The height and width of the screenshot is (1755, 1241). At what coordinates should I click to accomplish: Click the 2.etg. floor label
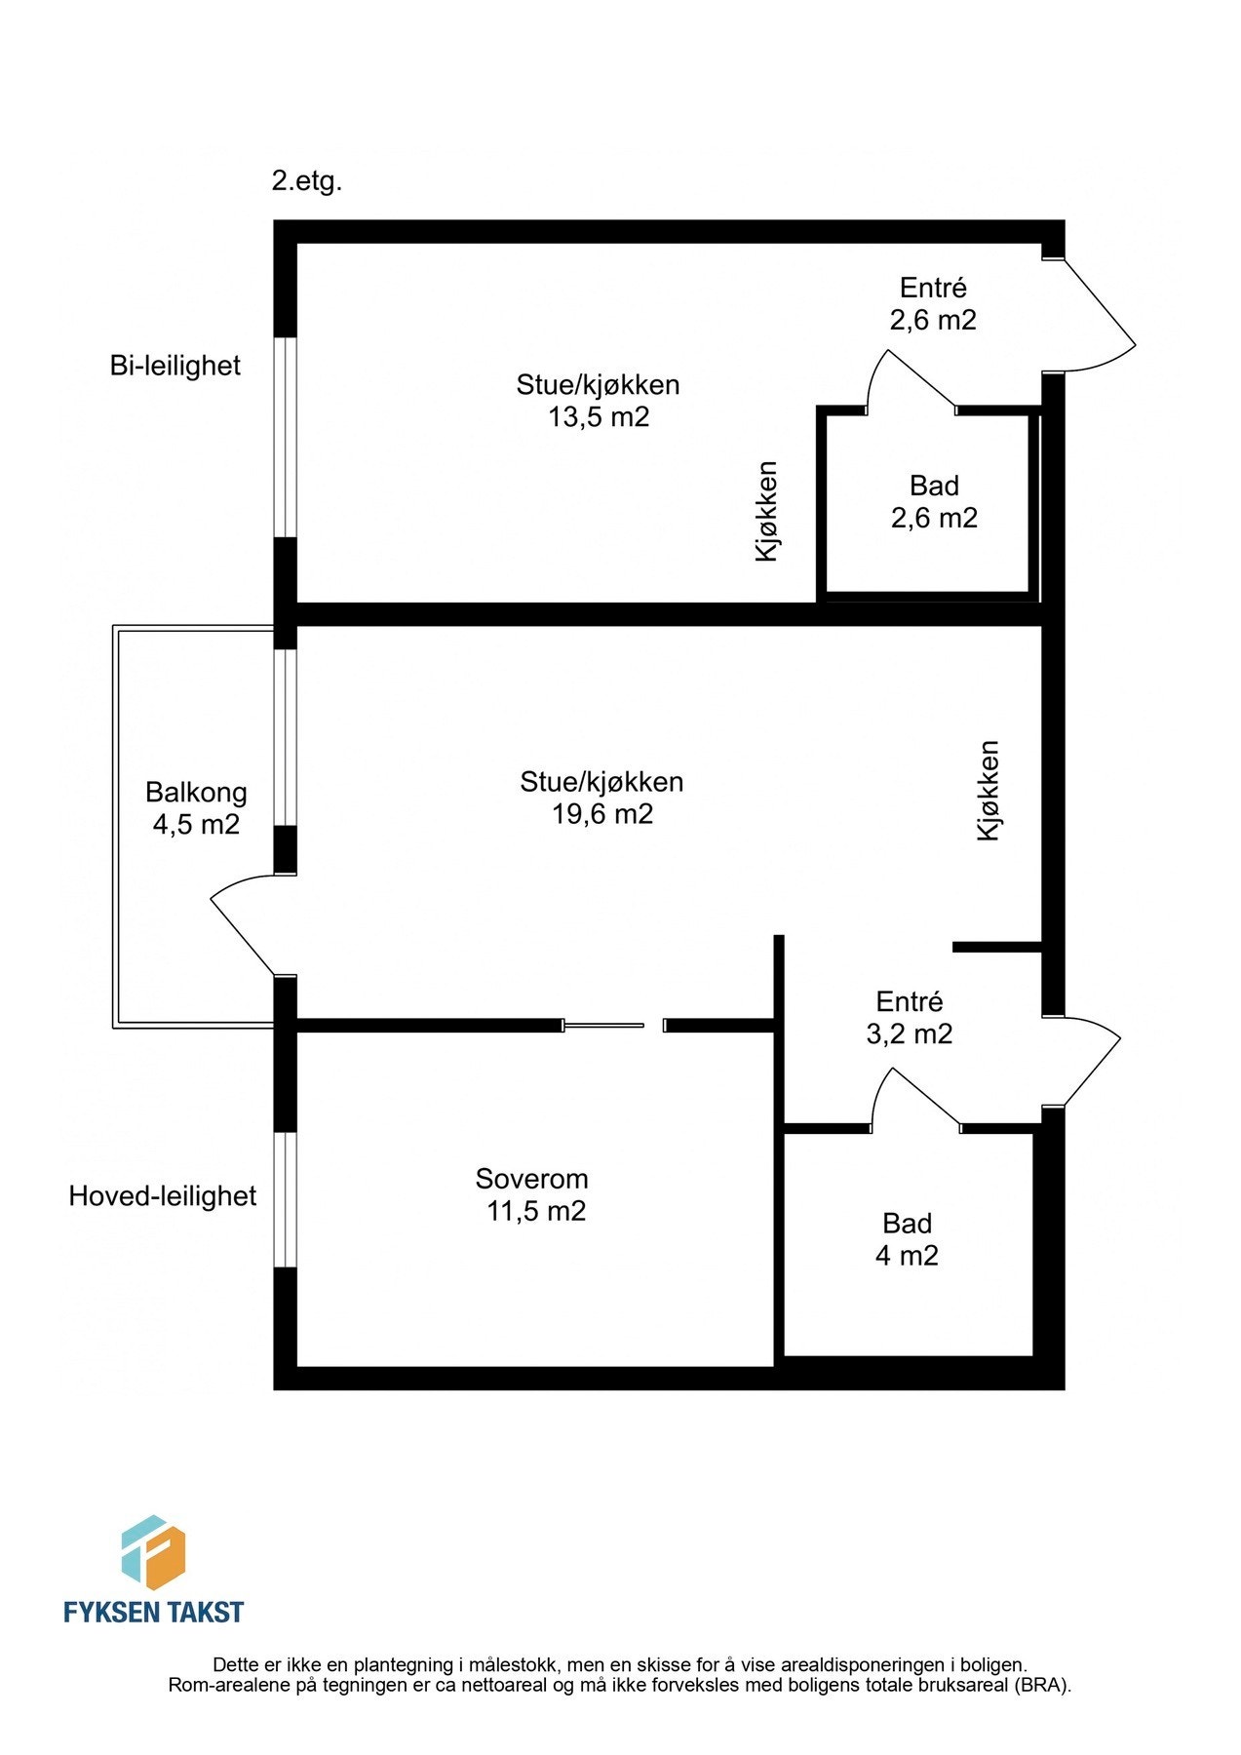tap(306, 181)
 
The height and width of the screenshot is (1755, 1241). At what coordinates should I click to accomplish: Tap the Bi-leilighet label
tap(175, 366)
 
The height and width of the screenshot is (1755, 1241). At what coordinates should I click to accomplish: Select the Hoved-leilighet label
tap(162, 1196)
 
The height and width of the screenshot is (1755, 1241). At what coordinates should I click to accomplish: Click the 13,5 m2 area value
tap(598, 417)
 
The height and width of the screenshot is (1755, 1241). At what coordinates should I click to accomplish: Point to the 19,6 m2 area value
tap(601, 814)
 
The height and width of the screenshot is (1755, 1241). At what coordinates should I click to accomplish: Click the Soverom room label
tap(531, 1179)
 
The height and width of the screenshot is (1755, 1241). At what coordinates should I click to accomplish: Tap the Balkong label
tap(196, 792)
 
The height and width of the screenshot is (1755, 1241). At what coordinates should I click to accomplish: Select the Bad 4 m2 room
tap(907, 1239)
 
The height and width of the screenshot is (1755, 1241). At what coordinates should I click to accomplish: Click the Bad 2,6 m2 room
tap(933, 501)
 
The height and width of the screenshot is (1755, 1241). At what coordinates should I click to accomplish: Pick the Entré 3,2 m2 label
tap(909, 1017)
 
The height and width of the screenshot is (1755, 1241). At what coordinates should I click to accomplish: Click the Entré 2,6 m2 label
tap(932, 303)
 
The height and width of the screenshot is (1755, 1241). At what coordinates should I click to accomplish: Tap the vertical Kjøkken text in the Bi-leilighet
tap(768, 511)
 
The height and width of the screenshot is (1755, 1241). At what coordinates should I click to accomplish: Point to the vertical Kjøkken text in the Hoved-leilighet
tap(989, 791)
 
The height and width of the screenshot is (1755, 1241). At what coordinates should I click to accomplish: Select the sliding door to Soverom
tap(604, 1025)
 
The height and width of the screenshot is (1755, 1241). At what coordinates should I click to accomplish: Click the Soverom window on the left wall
tap(285, 1199)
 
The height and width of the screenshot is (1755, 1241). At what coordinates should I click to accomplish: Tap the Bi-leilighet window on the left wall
tap(285, 437)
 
